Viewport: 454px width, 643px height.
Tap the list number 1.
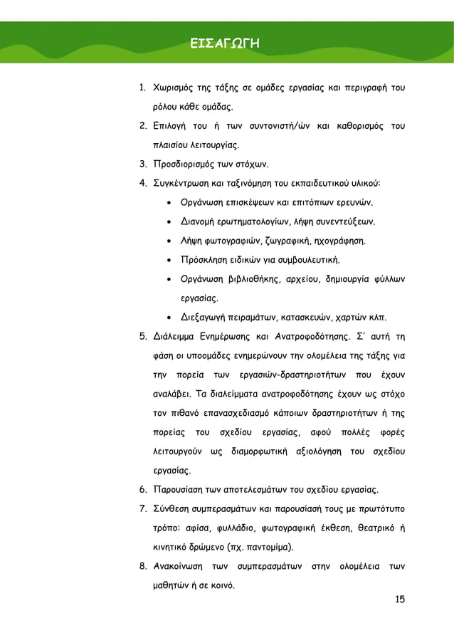pyautogui.click(x=142, y=89)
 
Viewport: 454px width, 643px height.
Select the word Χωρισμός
pyautogui.click(x=175, y=89)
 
